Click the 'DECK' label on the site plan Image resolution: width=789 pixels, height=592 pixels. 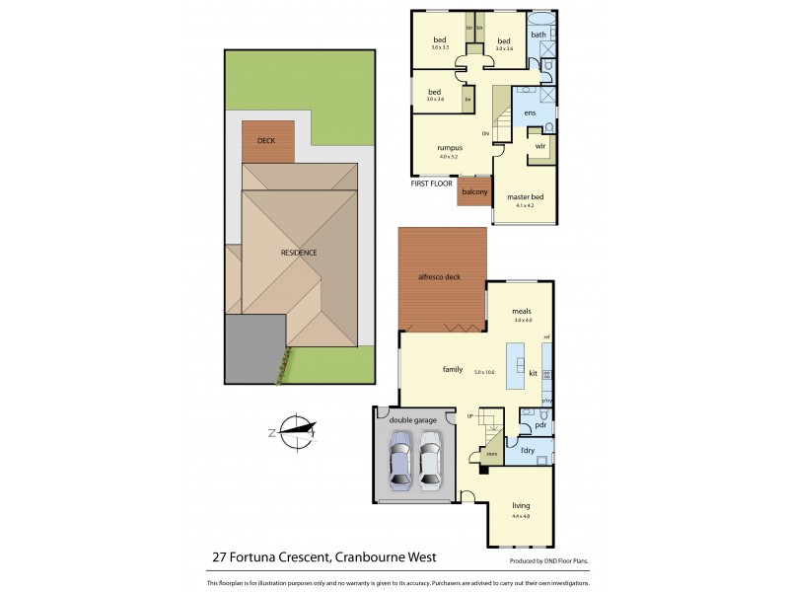(x=266, y=141)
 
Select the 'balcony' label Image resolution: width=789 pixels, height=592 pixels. (x=473, y=191)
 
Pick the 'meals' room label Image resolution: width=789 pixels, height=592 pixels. (x=522, y=312)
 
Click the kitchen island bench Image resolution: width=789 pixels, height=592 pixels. (x=515, y=365)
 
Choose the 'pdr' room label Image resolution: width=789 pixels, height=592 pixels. (x=539, y=426)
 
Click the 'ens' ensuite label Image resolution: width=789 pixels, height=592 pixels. (x=530, y=113)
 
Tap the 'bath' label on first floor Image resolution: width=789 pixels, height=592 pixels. (x=538, y=35)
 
